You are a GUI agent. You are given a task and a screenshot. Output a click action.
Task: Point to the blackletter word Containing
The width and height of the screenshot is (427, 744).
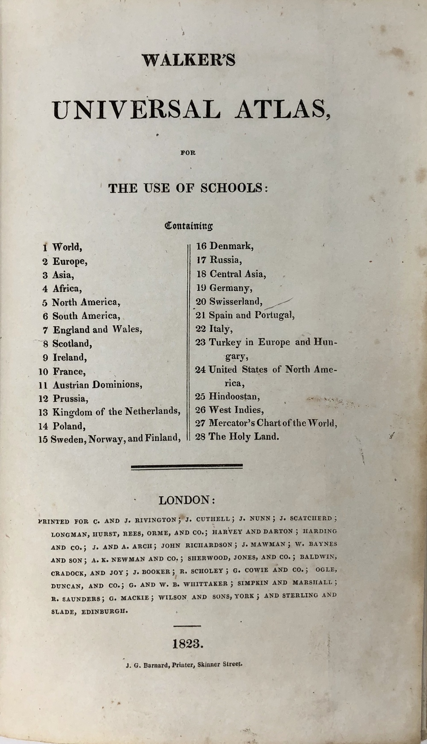coord(189,225)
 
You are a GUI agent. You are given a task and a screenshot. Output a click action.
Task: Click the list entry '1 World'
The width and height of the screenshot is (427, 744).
coord(62,247)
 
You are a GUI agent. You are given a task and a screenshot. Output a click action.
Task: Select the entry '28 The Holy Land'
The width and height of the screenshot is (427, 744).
coord(237,437)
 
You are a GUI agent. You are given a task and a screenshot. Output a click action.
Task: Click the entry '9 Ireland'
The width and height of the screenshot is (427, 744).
coord(64,357)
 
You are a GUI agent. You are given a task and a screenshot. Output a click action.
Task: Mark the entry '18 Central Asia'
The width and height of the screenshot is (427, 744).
coord(231,274)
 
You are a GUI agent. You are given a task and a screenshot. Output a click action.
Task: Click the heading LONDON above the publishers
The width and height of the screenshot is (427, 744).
coord(184,500)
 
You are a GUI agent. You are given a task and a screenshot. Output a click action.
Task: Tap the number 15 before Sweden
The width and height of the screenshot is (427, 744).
coord(43,439)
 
